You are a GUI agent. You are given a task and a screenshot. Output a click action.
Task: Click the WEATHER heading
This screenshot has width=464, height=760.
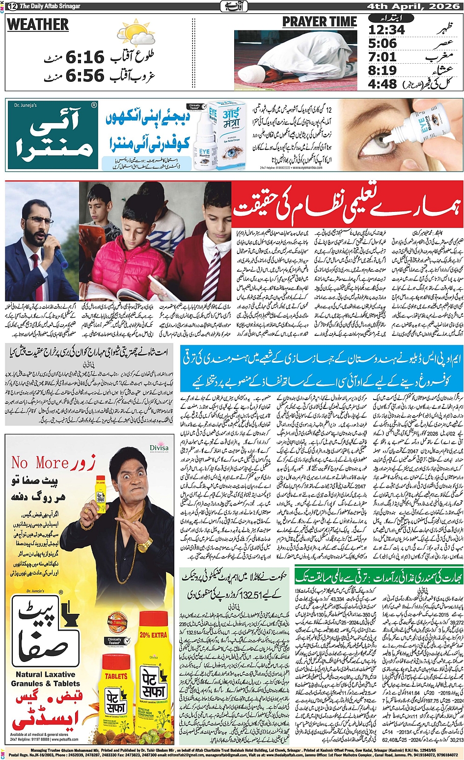38,25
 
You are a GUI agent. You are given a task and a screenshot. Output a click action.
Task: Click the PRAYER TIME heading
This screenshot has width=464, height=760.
319,22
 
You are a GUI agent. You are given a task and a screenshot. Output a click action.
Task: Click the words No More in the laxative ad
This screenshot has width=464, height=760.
40,462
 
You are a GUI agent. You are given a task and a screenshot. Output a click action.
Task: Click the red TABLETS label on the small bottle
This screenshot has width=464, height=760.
116,676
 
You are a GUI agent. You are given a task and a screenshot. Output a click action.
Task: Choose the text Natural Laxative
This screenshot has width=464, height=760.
45,674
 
